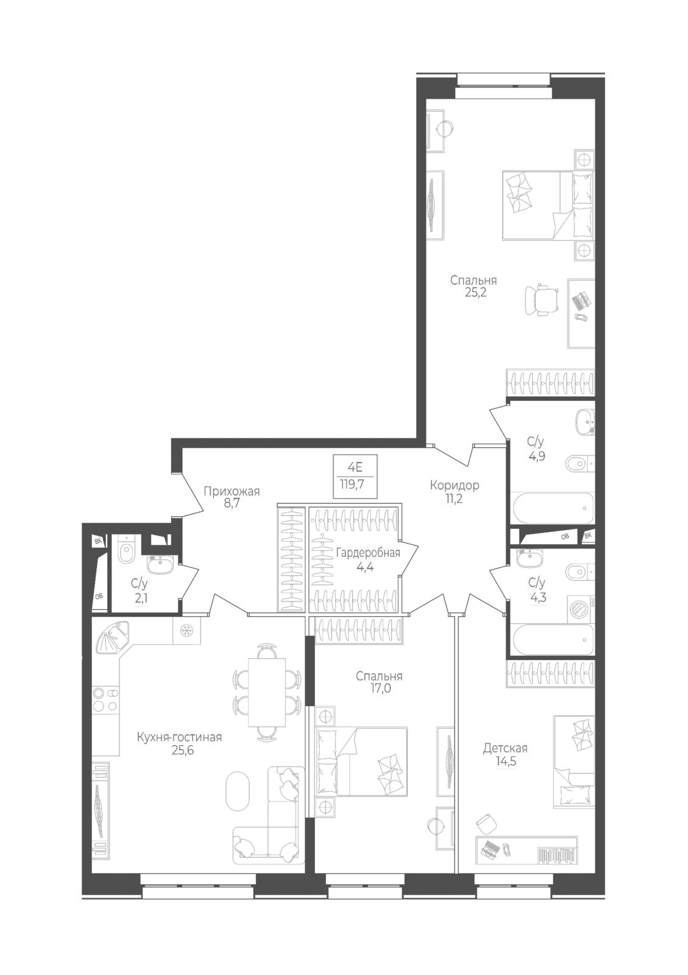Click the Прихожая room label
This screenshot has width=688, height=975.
[x=232, y=491]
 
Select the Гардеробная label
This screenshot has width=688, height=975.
[x=368, y=553]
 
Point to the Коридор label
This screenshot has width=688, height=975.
[x=454, y=485]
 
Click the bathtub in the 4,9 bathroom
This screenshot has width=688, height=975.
[x=551, y=508]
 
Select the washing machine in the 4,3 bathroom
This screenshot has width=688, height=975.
[x=581, y=608]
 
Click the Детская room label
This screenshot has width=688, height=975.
[x=505, y=748]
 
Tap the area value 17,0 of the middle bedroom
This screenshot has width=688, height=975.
[x=379, y=689]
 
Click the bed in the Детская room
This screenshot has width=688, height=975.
[x=573, y=761]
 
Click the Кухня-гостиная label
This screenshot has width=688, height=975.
[x=179, y=737]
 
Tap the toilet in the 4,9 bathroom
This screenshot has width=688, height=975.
[x=576, y=465]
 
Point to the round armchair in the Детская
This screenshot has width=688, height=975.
[x=486, y=824]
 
